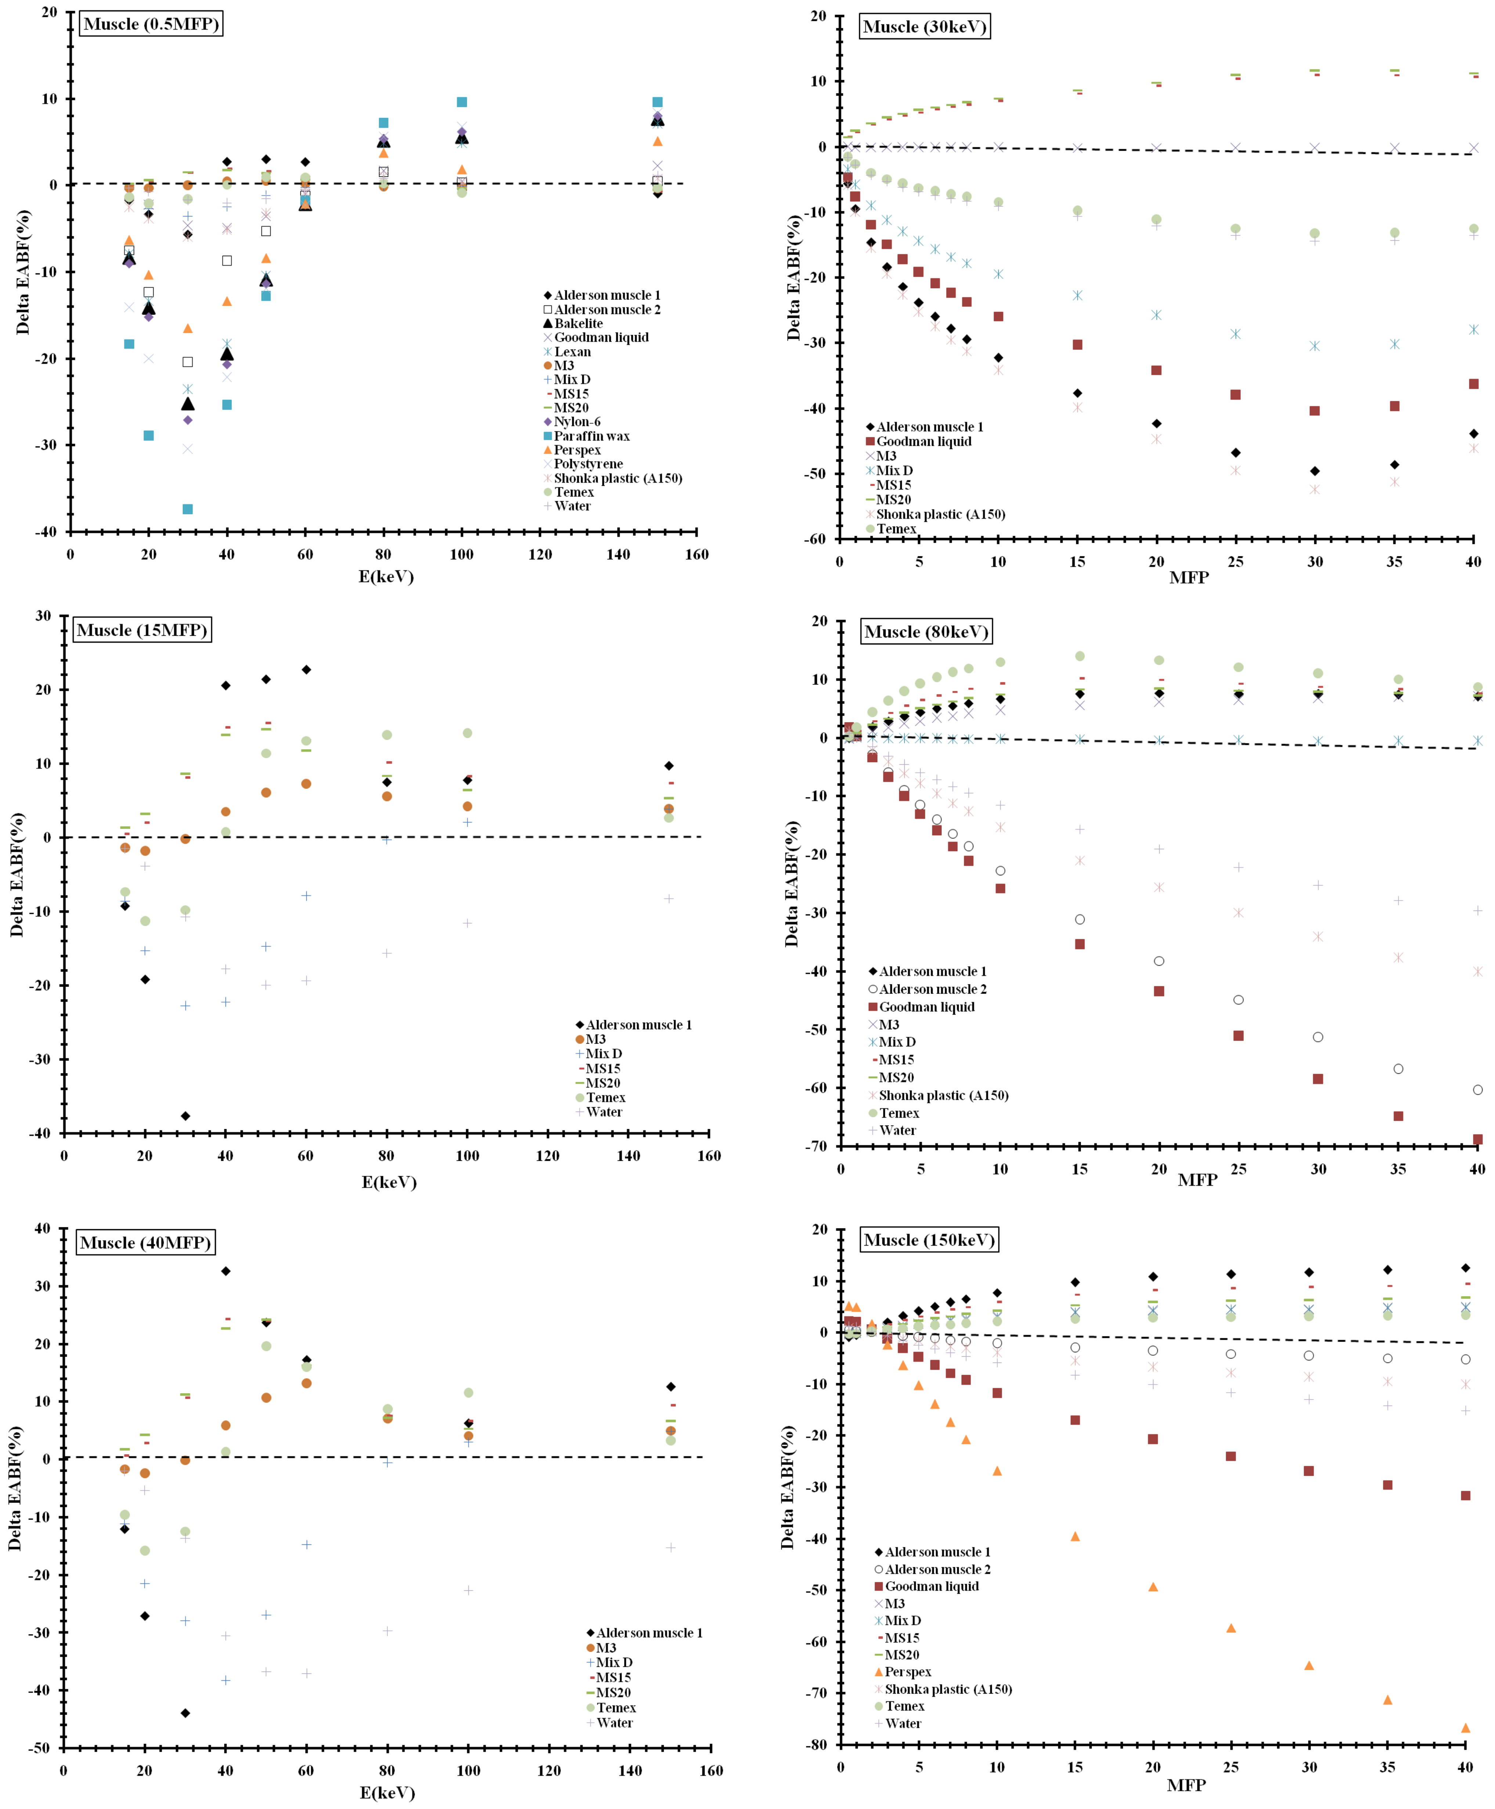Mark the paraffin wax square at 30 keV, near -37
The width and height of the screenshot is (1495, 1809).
[x=188, y=509]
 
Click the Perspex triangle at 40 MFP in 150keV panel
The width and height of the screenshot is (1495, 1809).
[x=1466, y=1728]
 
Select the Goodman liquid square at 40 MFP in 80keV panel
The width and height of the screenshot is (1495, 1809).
[x=1478, y=1139]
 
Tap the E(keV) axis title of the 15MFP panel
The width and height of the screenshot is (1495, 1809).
[x=388, y=1182]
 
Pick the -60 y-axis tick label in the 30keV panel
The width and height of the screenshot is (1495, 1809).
[x=817, y=539]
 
